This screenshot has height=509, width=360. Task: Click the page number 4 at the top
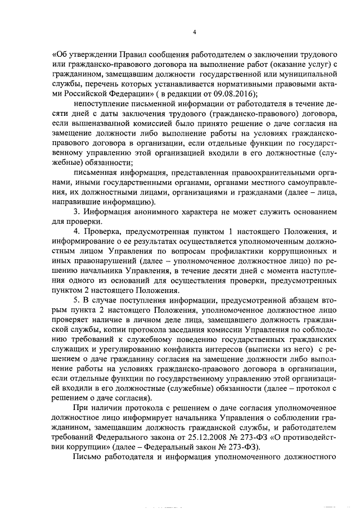tap(194, 32)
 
